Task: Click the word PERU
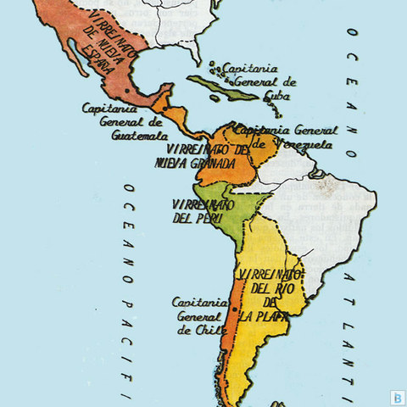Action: tap(213, 219)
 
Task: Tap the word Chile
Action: tap(207, 330)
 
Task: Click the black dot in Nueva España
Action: tap(127, 91)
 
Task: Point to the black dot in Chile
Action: tap(234, 311)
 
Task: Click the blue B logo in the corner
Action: tap(395, 395)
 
